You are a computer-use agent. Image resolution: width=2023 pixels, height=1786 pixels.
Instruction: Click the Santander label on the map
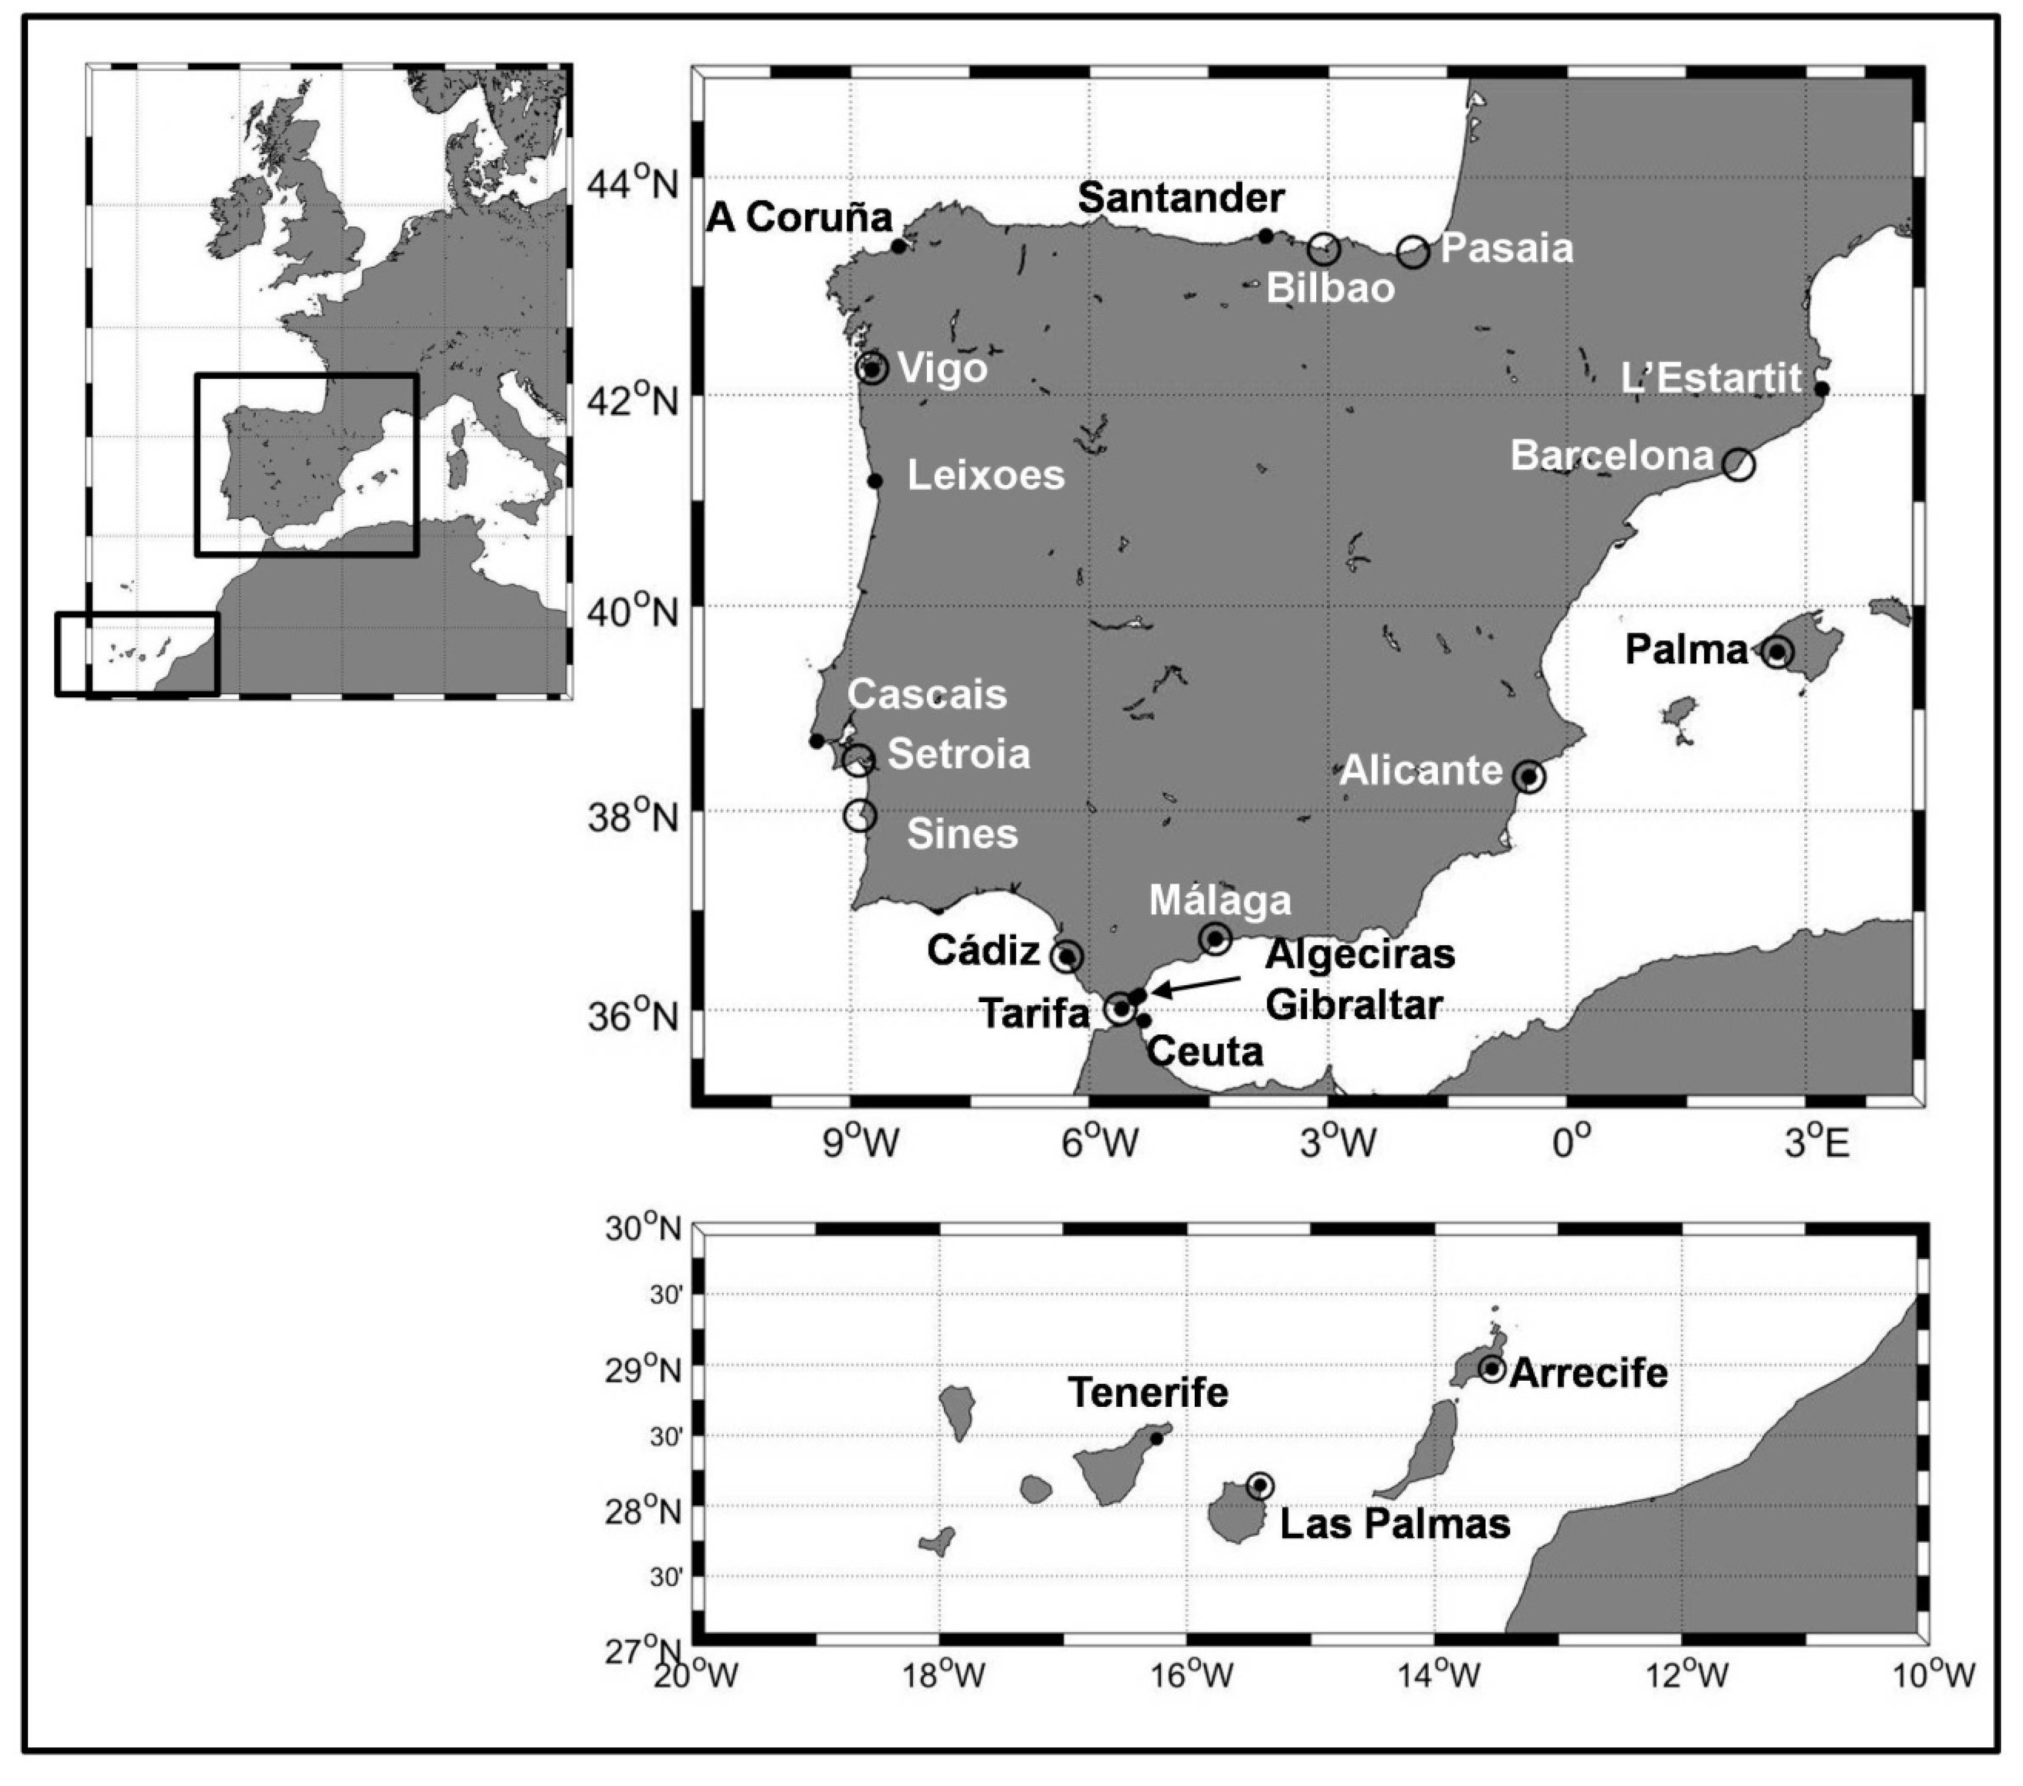(x=1181, y=198)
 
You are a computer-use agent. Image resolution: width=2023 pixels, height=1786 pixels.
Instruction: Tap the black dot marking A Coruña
(x=898, y=246)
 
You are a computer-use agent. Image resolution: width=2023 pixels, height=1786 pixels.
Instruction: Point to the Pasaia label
(x=1506, y=247)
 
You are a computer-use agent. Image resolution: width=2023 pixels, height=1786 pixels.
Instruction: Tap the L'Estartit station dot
(x=1821, y=389)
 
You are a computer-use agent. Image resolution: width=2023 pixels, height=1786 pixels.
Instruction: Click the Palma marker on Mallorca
(x=1778, y=651)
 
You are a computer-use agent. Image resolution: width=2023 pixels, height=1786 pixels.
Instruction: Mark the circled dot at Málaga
(x=1215, y=937)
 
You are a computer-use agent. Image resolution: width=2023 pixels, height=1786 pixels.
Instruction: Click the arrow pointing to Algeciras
(x=1198, y=985)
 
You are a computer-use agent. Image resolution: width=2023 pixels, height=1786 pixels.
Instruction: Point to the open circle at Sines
(x=860, y=816)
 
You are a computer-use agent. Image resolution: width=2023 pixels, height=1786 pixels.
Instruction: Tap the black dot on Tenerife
(x=1156, y=1438)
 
